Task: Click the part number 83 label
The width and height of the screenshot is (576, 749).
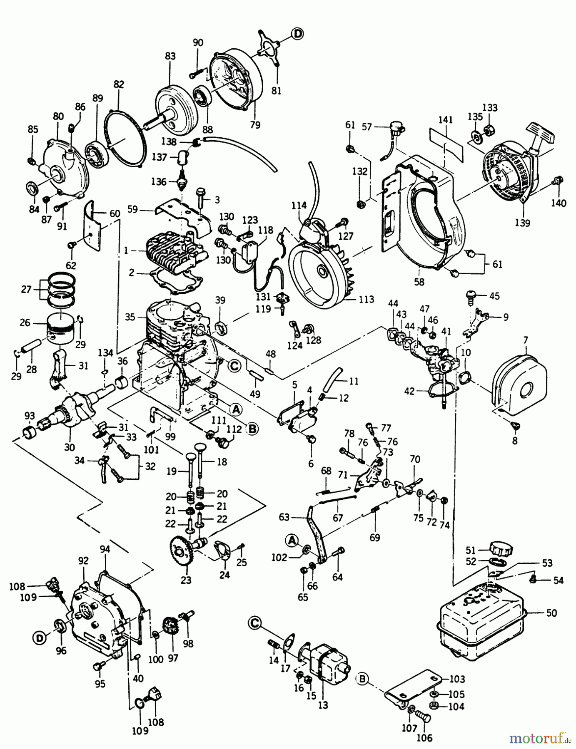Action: pos(170,56)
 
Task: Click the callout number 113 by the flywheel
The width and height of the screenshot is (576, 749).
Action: pos(366,299)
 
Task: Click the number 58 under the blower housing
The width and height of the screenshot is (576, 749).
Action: pos(419,281)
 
